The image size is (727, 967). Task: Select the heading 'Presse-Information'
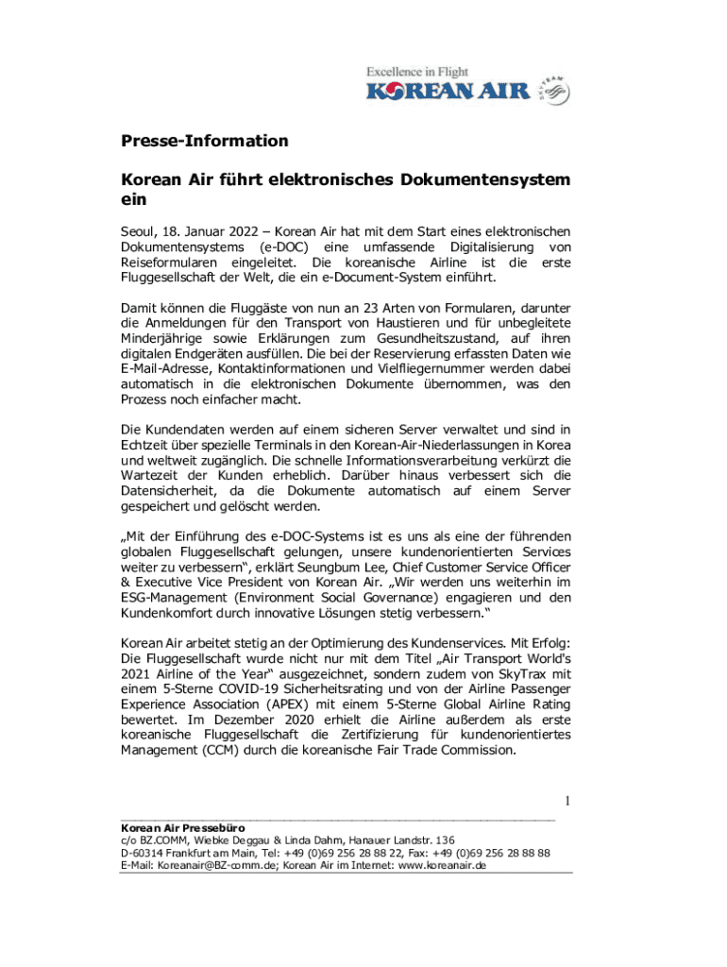point(204,142)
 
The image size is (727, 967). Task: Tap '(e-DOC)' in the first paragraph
point(289,247)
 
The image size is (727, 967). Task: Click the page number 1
point(567,802)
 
